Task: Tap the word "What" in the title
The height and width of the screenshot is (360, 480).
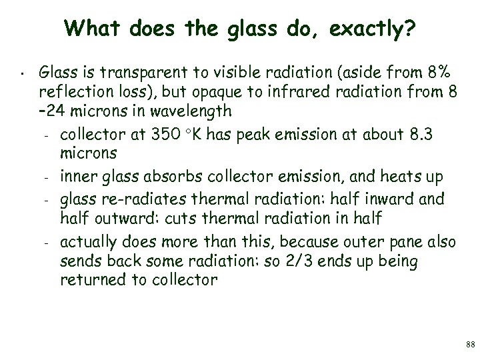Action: coord(90,28)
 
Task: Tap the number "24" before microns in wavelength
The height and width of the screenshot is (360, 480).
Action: coord(54,109)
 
